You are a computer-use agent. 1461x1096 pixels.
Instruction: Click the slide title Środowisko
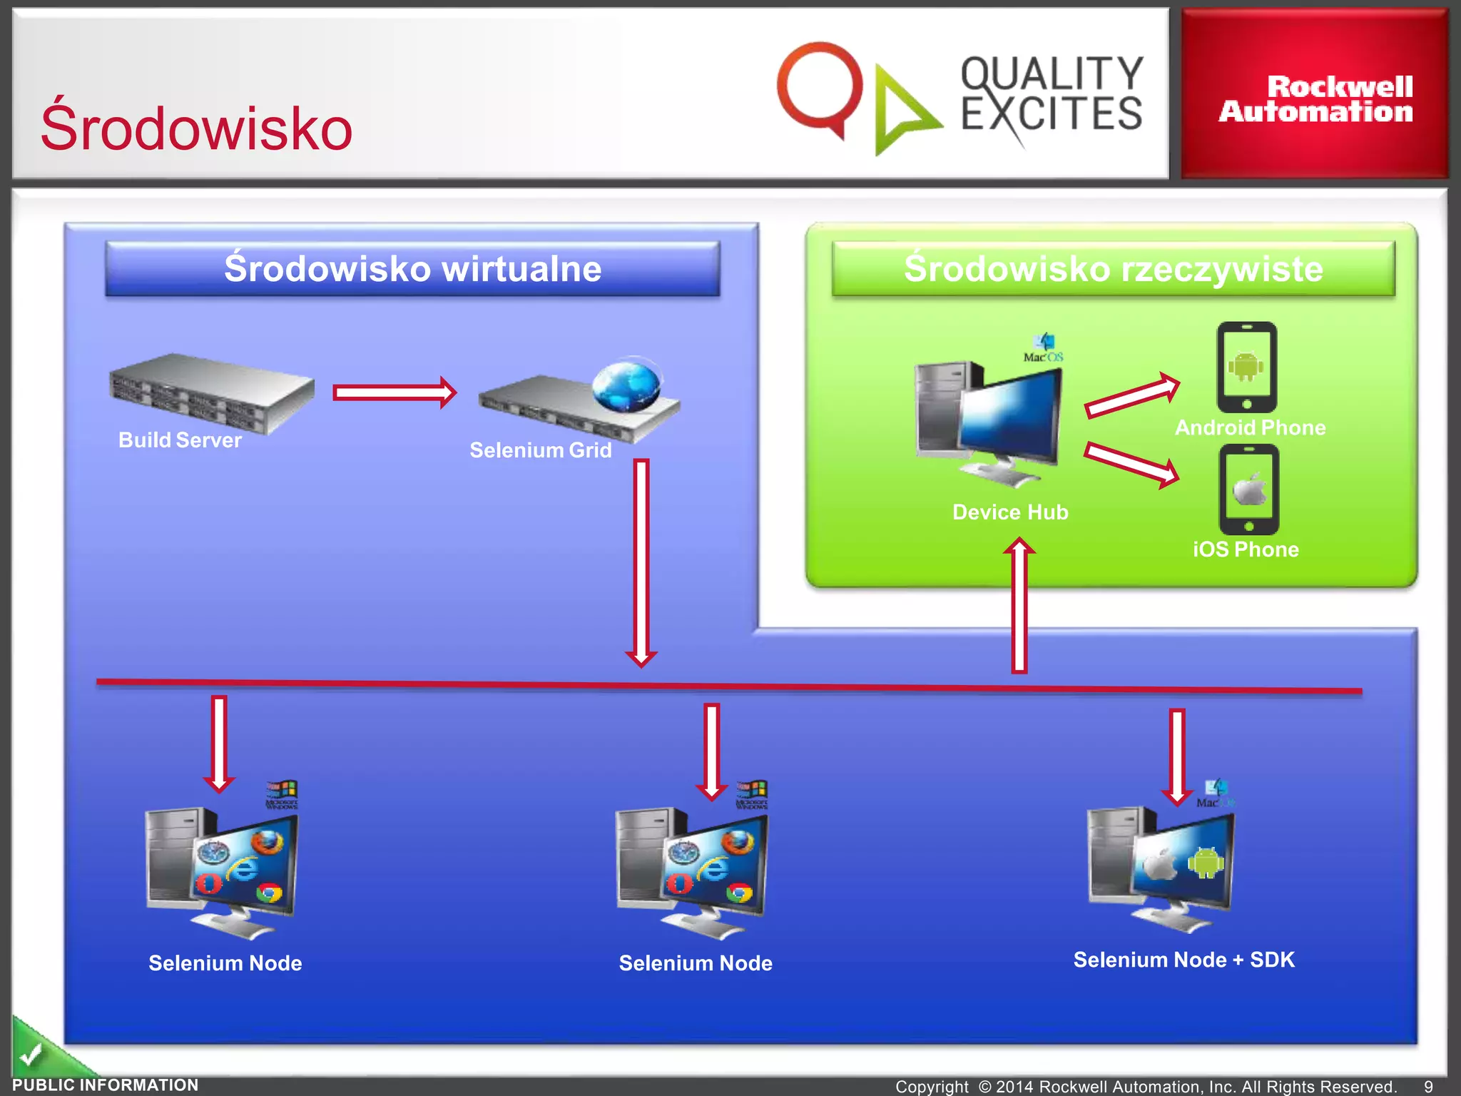[196, 128]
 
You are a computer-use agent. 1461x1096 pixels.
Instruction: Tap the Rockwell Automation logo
[1315, 99]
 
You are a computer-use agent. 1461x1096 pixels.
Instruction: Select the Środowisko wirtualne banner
[412, 269]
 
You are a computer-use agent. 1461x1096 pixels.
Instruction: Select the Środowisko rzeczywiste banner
[1113, 269]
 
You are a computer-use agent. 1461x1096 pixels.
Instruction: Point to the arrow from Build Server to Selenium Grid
[394, 392]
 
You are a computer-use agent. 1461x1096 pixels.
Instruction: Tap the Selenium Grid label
[540, 450]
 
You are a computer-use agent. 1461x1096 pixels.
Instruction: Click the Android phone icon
[1246, 367]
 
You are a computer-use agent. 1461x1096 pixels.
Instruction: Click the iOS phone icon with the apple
[1248, 489]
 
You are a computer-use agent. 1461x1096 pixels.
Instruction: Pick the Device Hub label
[1009, 512]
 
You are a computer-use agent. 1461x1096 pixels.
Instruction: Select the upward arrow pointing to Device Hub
[1019, 607]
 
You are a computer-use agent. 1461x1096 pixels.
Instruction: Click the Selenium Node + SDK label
[1183, 960]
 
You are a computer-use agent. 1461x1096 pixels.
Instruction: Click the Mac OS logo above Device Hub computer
[1043, 348]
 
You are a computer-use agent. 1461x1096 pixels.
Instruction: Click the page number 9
[1428, 1086]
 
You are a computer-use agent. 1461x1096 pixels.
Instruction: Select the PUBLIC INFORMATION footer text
[106, 1085]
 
